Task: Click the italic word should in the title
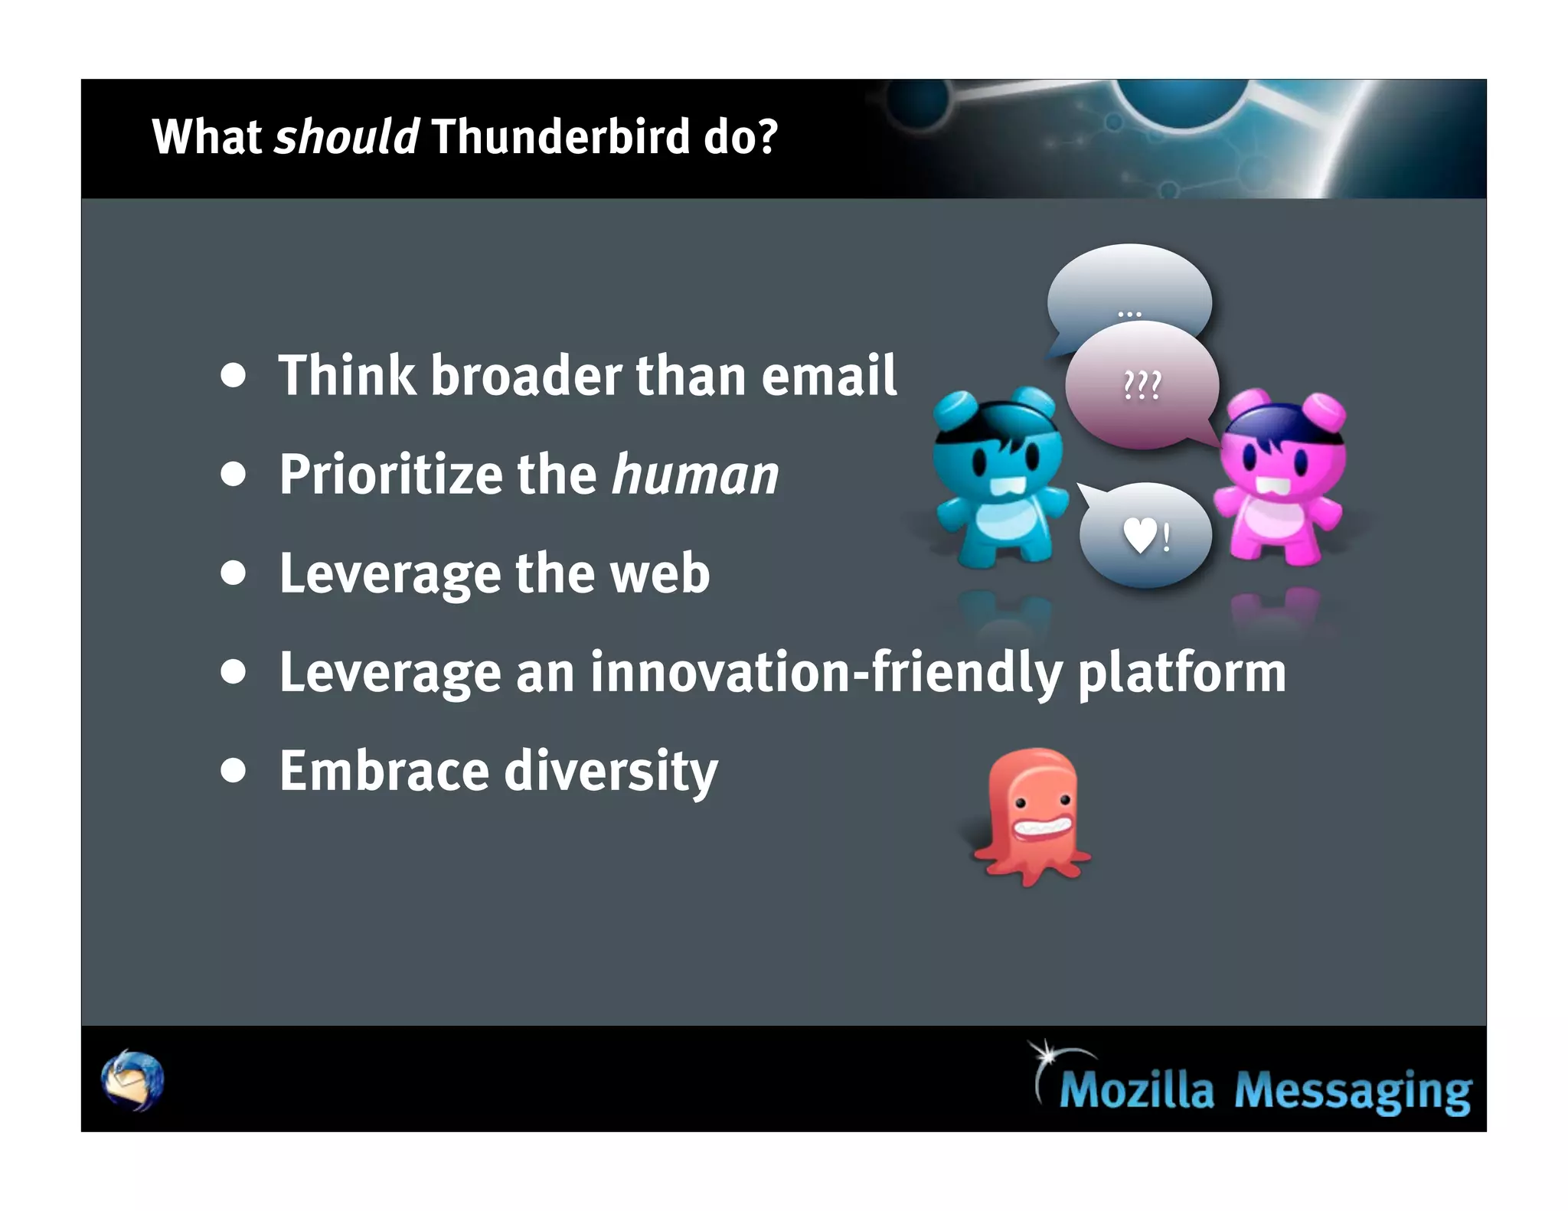pyautogui.click(x=346, y=137)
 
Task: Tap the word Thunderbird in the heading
pyautogui.click(x=560, y=137)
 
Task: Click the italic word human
pyautogui.click(x=695, y=475)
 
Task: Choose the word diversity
pyautogui.click(x=611, y=772)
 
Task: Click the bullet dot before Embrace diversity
pyautogui.click(x=233, y=771)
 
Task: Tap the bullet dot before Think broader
pyautogui.click(x=233, y=375)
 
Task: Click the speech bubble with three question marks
pyautogui.click(x=1141, y=385)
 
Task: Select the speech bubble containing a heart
pyautogui.click(x=1145, y=535)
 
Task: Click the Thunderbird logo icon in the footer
pyautogui.click(x=132, y=1080)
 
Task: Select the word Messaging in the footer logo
pyautogui.click(x=1352, y=1090)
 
